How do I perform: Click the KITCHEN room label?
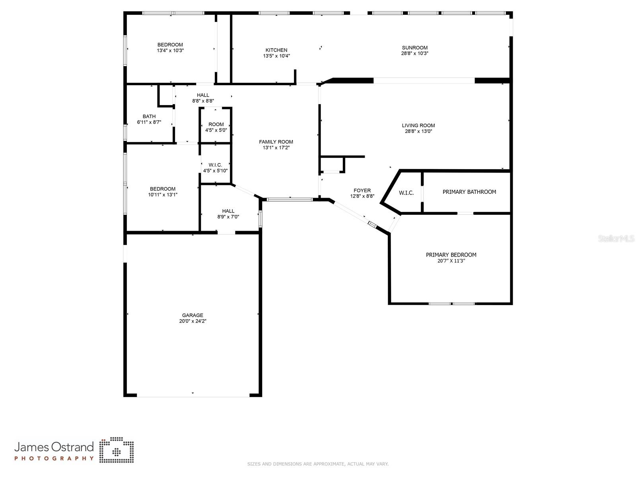tap(276, 50)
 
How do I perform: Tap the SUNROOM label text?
tap(414, 48)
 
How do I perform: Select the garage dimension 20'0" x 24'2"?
tap(193, 321)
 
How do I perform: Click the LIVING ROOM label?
tap(418, 125)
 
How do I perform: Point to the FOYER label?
tap(362, 191)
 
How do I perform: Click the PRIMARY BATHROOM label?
tap(469, 192)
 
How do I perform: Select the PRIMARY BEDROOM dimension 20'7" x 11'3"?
tap(451, 261)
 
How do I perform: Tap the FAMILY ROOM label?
tap(276, 142)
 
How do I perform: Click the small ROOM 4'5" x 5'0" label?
tap(216, 124)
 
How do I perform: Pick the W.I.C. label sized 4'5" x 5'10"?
tap(215, 165)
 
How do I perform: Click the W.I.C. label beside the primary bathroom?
tap(406, 193)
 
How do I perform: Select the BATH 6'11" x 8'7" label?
tap(149, 116)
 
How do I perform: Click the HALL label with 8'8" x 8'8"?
tap(203, 95)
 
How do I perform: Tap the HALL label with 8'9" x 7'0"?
tap(228, 211)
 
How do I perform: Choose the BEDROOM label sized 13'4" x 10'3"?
tap(170, 45)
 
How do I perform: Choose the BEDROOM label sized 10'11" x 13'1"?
tap(162, 189)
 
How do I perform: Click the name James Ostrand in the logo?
tap(54, 447)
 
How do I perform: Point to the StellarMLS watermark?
tap(616, 239)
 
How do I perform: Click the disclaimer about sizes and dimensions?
tap(318, 464)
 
